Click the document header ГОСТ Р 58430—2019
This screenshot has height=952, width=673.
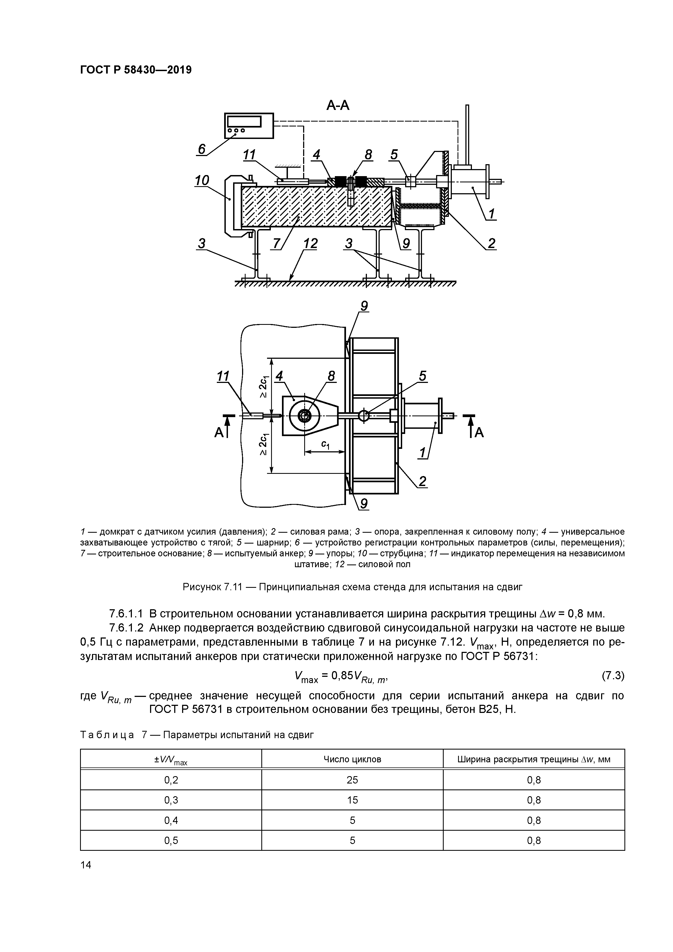tap(136, 70)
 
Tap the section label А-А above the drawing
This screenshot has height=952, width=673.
tap(338, 106)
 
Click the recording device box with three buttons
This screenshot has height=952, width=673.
tap(249, 125)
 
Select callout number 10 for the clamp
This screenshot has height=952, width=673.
tap(202, 180)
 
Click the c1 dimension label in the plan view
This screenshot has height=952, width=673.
tap(326, 445)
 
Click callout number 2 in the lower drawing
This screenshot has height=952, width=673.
tap(422, 481)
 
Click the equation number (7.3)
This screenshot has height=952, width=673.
tap(613, 675)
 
